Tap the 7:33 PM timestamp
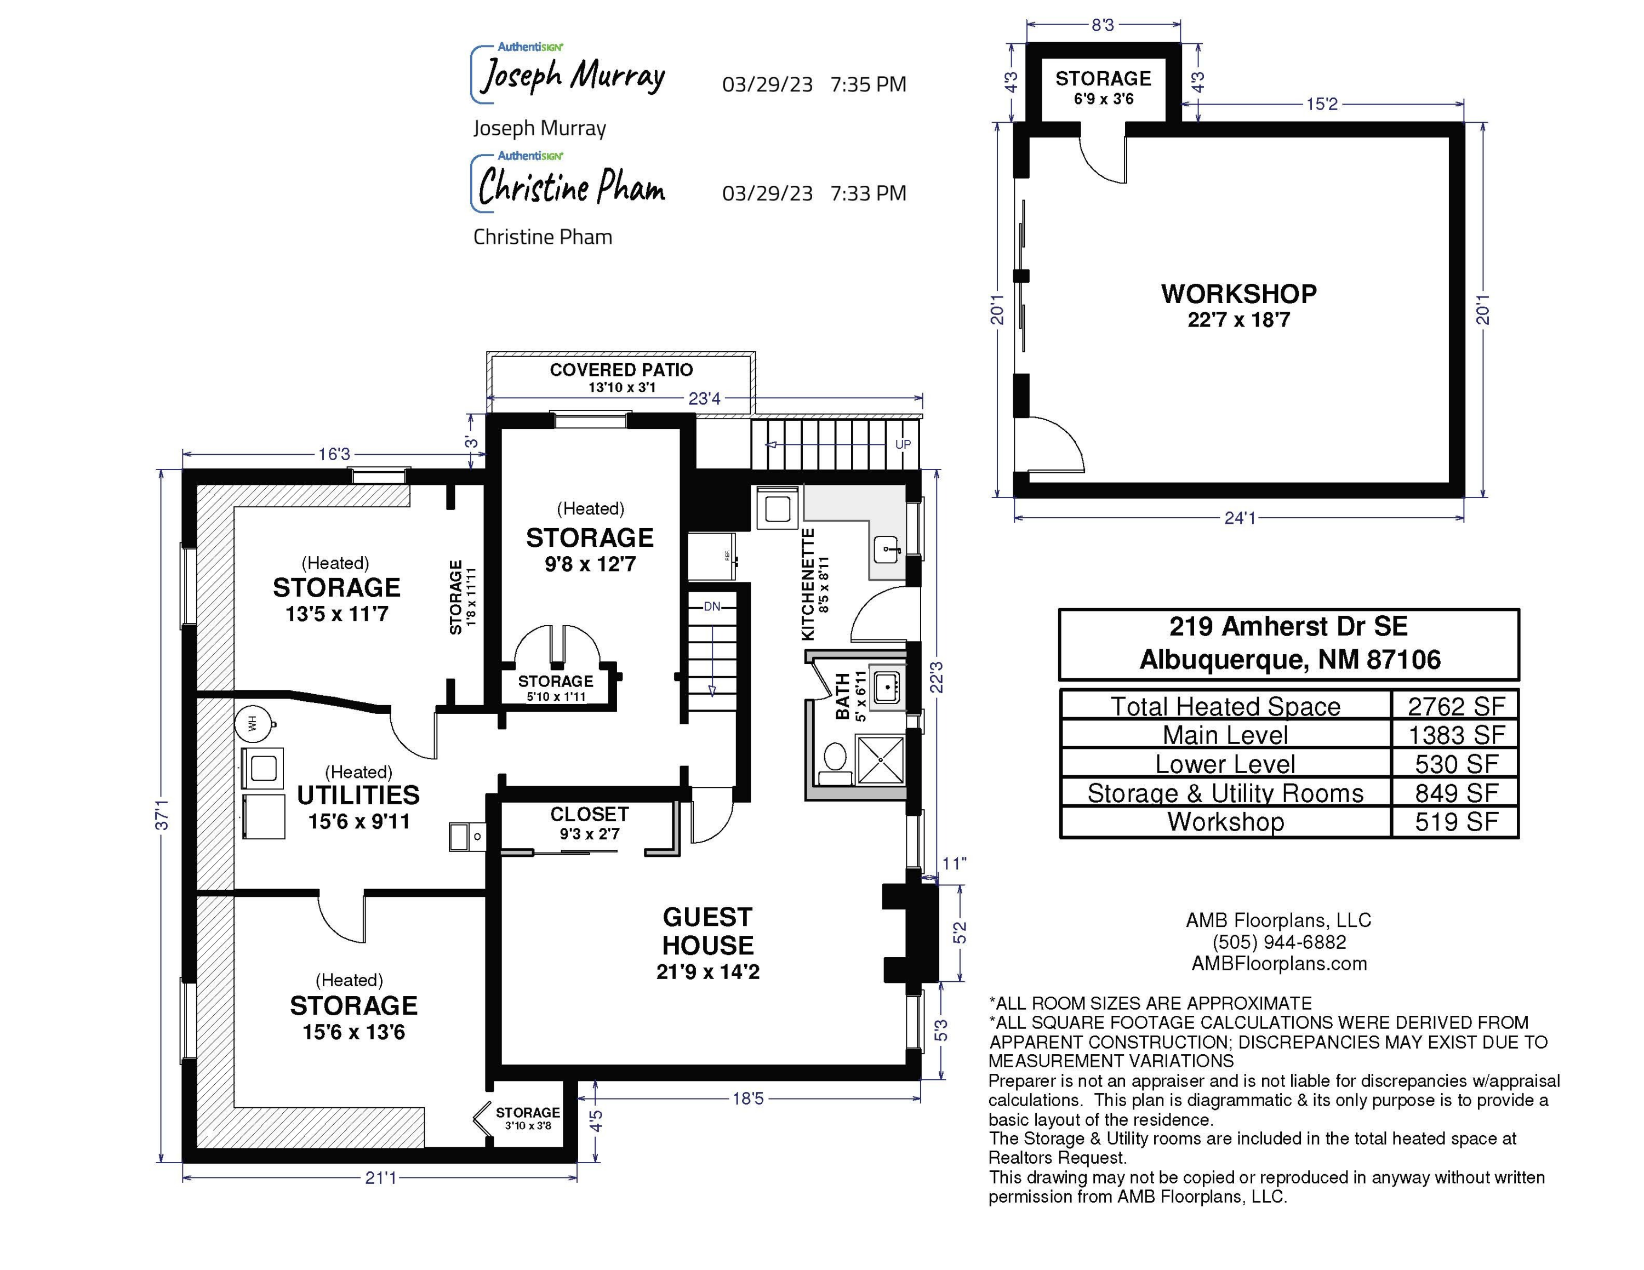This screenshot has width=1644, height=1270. pos(868,193)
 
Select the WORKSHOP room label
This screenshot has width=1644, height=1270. pos(1238,294)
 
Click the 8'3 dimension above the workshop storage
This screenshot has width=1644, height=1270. pos(1103,25)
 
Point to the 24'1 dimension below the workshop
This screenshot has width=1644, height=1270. pos(1240,518)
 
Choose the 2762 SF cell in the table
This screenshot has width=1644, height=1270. pos(1456,706)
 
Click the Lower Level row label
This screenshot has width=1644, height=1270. pos(1225,764)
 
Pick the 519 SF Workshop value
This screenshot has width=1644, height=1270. pos(1456,822)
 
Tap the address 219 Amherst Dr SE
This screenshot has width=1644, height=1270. pos(1288,626)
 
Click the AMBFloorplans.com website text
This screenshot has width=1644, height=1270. pos(1279,964)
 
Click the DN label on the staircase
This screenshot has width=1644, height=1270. pos(711,607)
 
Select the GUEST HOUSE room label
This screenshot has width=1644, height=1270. pos(707,931)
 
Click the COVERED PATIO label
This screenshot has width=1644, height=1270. pos(621,370)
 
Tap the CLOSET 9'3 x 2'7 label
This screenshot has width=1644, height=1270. pos(590,823)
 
